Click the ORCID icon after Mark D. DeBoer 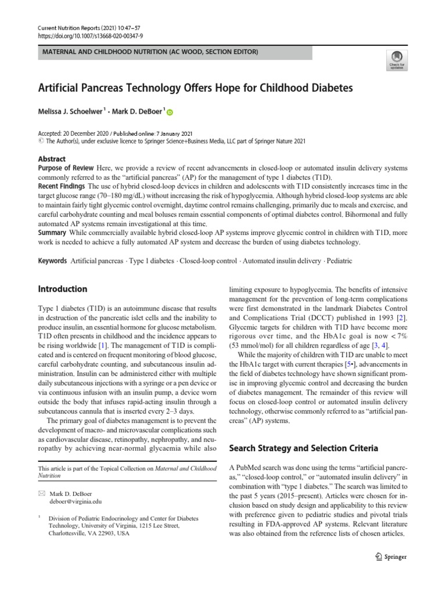click(170, 111)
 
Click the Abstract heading click(52, 159)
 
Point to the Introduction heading click(63, 289)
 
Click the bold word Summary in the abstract click(52, 232)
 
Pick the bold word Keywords click(52, 261)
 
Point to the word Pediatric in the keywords click(340, 261)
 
